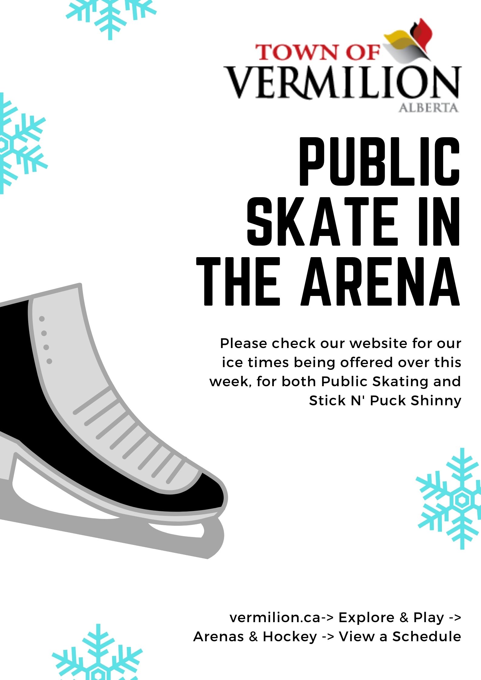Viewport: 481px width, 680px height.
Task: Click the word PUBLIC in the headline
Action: click(x=380, y=161)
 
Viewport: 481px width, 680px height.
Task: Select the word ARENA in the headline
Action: click(x=381, y=281)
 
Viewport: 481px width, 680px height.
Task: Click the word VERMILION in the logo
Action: click(x=342, y=82)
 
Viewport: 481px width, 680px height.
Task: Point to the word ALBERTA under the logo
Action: click(x=428, y=108)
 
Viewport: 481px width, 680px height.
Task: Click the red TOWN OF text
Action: click(x=317, y=52)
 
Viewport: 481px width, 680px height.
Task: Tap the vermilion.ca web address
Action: click(x=275, y=617)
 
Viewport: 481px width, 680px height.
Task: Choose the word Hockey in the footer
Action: click(x=290, y=637)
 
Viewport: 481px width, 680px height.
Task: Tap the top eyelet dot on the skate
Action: click(x=42, y=319)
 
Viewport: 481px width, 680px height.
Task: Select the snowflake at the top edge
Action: click(x=111, y=17)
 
